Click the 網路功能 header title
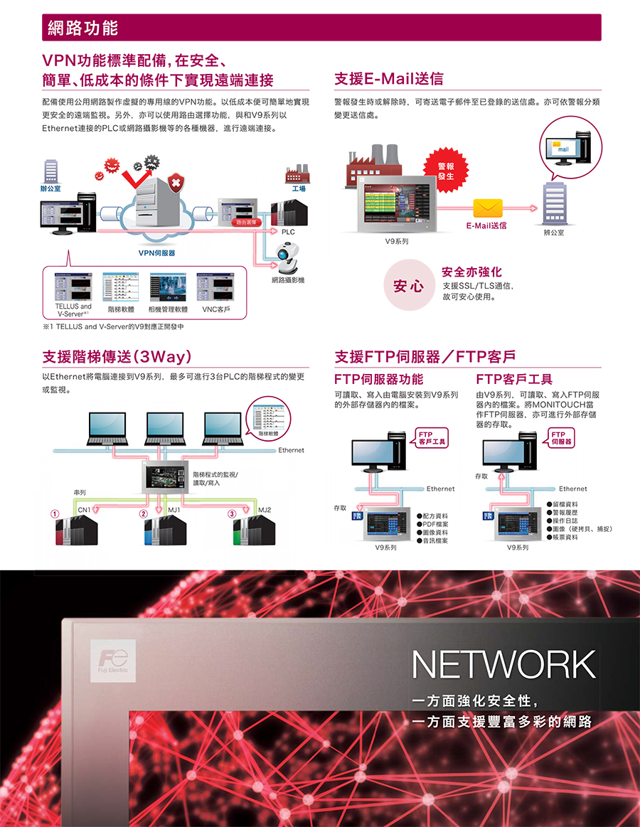click(x=82, y=28)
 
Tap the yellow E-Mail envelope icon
click(x=488, y=207)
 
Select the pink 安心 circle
click(x=409, y=286)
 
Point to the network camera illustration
click(x=288, y=257)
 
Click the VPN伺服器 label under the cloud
click(x=156, y=252)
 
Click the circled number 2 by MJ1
click(x=144, y=513)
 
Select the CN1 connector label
click(x=84, y=510)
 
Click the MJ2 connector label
click(x=265, y=510)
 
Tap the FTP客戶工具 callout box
click(x=432, y=437)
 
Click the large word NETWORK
click(x=503, y=664)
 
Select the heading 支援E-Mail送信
click(x=389, y=78)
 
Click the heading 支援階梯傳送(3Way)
click(x=116, y=356)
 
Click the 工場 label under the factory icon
click(x=299, y=189)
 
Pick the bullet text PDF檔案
click(x=435, y=524)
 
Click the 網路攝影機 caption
click(x=288, y=280)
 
